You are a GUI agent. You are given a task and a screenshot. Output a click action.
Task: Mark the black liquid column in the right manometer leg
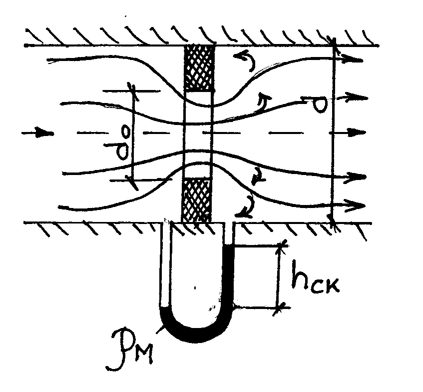tap(229, 275)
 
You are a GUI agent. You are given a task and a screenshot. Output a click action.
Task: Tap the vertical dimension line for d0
tap(133, 135)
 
